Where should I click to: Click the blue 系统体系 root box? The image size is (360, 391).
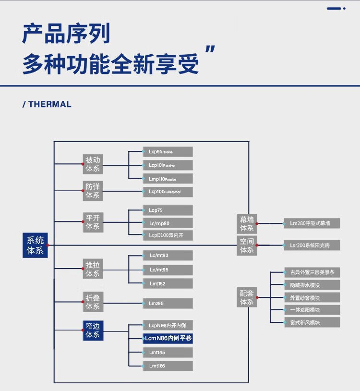[35, 245]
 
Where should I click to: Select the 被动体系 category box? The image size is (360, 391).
[93, 164]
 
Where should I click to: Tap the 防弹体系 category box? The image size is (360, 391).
[93, 191]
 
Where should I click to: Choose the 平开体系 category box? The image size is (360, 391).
[93, 221]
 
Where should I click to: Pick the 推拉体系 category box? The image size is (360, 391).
[93, 269]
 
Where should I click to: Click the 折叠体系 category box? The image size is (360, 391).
[93, 302]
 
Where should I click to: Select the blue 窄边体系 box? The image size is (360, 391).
[93, 330]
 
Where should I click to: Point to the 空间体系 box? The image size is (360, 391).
[247, 245]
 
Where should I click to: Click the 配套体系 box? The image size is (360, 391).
[247, 297]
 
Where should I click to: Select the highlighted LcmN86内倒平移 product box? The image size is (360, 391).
[168, 338]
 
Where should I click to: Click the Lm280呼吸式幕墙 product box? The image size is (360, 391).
[312, 223]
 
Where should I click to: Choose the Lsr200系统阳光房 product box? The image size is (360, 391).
[312, 245]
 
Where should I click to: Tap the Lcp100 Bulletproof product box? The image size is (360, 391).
[168, 192]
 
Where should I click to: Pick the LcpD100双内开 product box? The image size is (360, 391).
[168, 235]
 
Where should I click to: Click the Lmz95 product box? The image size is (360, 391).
[168, 303]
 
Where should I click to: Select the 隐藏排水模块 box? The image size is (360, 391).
[312, 285]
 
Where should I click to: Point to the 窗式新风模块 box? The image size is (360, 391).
[312, 322]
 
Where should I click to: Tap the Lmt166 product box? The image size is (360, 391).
[168, 366]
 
